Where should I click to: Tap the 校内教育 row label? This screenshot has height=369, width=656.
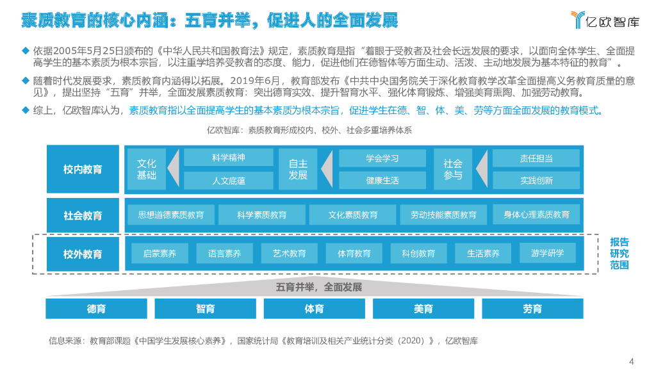[83, 169]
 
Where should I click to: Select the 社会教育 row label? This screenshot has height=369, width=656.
[83, 215]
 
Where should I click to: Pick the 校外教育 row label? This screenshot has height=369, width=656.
[83, 254]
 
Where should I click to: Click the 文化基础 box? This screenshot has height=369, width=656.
[147, 169]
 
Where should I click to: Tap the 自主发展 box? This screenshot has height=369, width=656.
[298, 169]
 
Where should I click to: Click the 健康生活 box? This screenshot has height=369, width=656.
[382, 180]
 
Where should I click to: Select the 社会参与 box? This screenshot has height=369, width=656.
[453, 169]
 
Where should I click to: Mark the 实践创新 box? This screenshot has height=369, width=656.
[536, 180]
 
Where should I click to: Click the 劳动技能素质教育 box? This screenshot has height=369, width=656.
[443, 215]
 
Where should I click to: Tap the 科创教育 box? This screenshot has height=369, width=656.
[418, 254]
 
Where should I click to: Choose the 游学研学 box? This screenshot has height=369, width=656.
[548, 253]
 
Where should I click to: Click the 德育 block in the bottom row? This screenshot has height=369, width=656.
[96, 309]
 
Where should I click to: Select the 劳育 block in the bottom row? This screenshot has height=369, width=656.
[532, 309]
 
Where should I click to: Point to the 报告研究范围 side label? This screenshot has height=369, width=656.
[619, 253]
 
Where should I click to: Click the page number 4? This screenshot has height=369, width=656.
[632, 359]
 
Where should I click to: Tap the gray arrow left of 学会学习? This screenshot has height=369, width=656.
[327, 169]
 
